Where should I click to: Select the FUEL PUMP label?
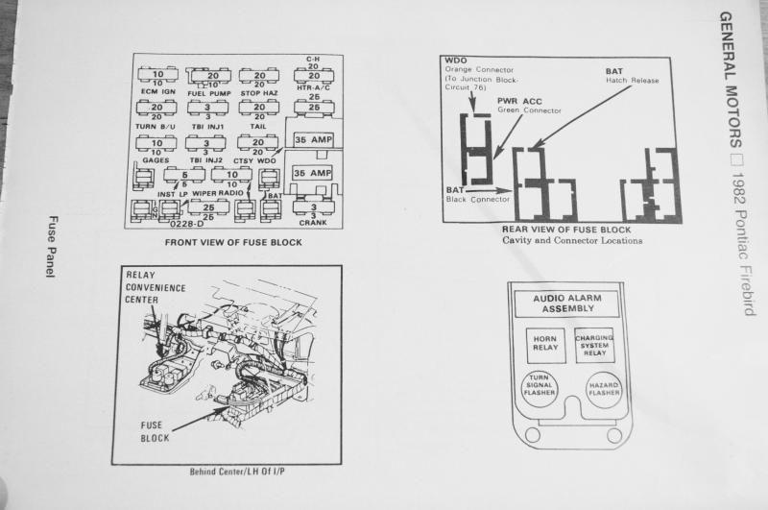tap(208, 92)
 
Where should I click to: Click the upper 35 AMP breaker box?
tap(313, 139)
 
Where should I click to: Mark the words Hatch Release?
tap(632, 81)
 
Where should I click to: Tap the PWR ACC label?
tap(518, 101)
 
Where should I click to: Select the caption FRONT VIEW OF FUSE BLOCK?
tap(233, 242)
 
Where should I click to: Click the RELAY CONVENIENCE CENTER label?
tap(156, 286)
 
